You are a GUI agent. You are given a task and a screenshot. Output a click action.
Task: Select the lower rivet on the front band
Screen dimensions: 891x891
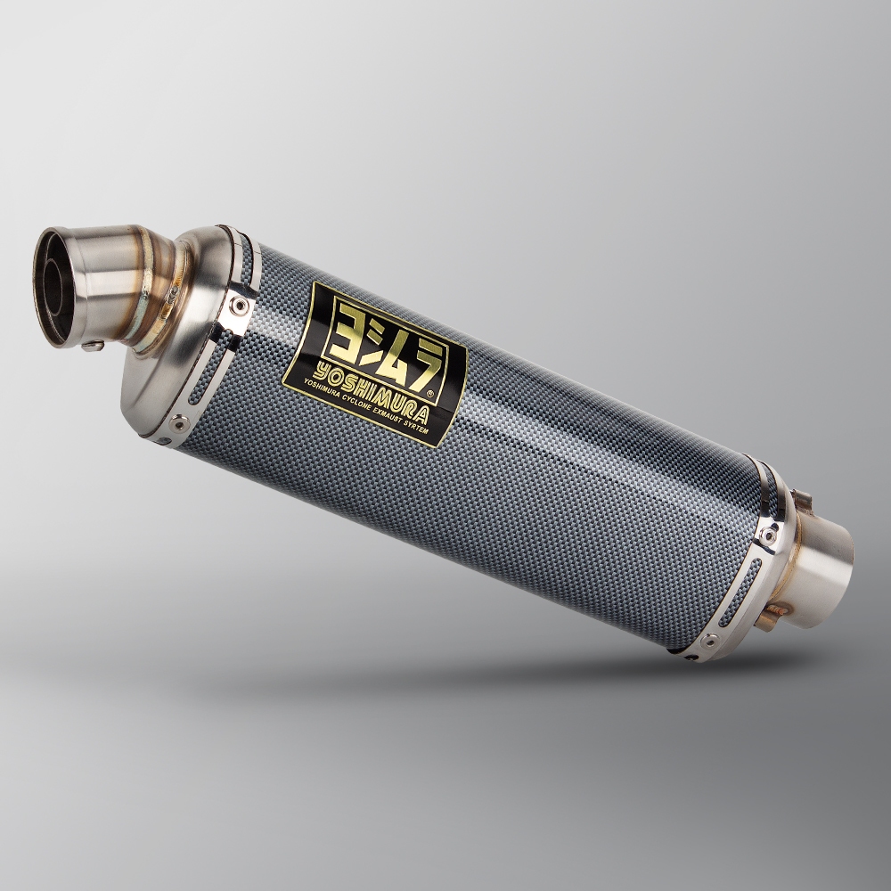tap(180, 421)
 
